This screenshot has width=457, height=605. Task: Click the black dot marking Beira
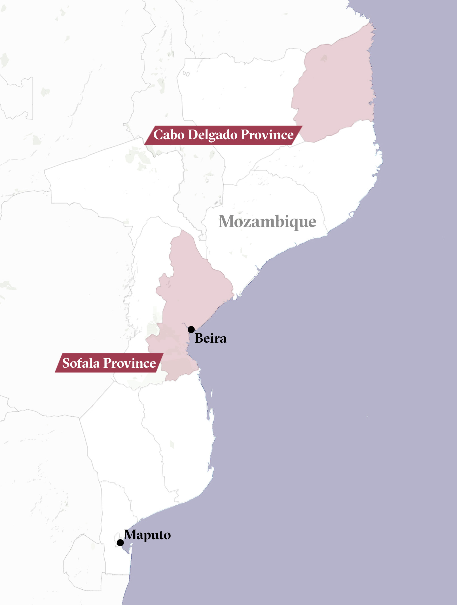[x=191, y=329]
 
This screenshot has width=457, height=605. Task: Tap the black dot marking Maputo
[x=120, y=543]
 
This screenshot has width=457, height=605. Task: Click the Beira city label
[x=210, y=338]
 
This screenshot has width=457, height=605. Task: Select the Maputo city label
[x=147, y=535]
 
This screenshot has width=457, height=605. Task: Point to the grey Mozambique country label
[x=267, y=221]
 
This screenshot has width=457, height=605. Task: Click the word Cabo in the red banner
[x=169, y=135]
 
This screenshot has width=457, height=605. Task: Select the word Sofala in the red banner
[x=81, y=363]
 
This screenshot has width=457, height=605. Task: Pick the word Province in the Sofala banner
[x=130, y=363]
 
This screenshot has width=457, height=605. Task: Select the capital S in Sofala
[x=66, y=363]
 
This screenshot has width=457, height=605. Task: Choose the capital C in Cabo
[x=158, y=135]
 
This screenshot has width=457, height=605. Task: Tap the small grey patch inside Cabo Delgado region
[x=324, y=58]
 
